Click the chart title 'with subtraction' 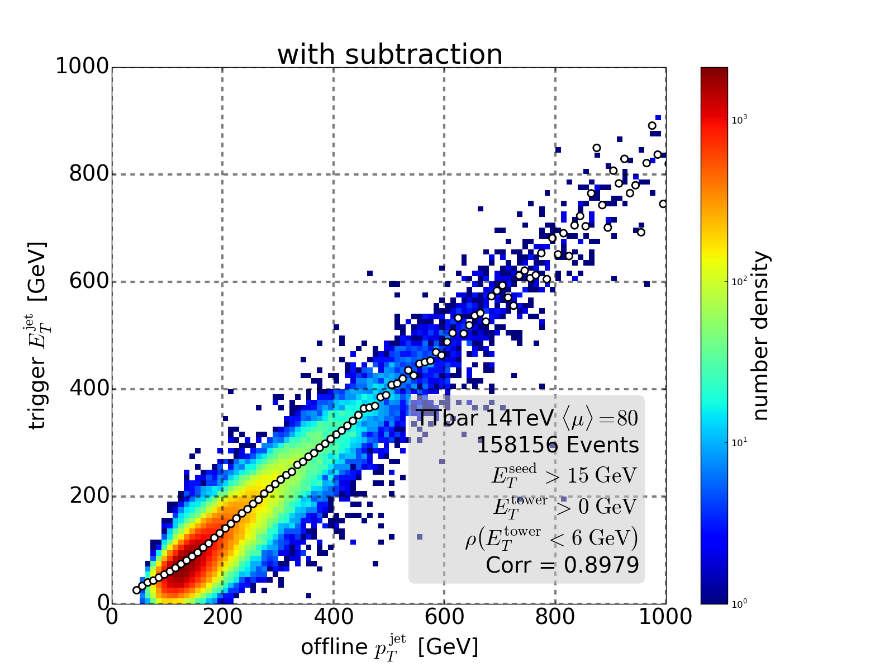click(389, 55)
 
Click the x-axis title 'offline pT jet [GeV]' click(389, 647)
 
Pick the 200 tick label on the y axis click(88, 496)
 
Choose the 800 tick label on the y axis click(88, 174)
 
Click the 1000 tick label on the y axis click(82, 67)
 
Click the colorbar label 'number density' click(760, 335)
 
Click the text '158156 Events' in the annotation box click(557, 446)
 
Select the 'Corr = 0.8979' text click(562, 565)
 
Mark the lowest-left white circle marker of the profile click(136, 590)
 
